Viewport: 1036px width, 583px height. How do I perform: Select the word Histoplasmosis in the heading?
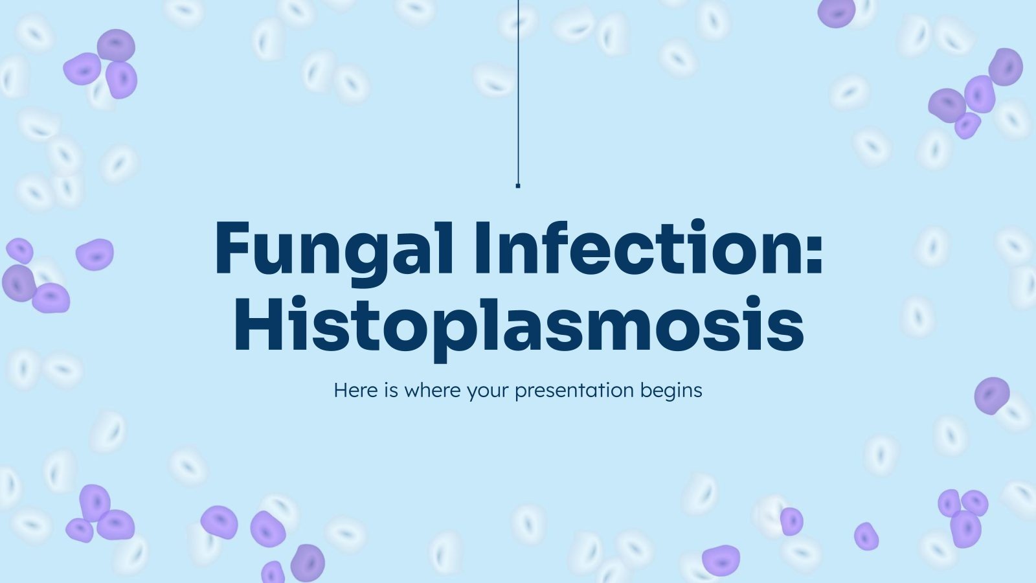[x=519, y=324]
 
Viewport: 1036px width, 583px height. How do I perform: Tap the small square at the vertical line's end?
[x=518, y=186]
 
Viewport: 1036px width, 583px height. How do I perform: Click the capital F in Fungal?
[x=232, y=248]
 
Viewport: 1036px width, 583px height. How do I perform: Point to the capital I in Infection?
[x=482, y=248]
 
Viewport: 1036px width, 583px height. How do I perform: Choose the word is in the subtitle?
[x=391, y=391]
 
